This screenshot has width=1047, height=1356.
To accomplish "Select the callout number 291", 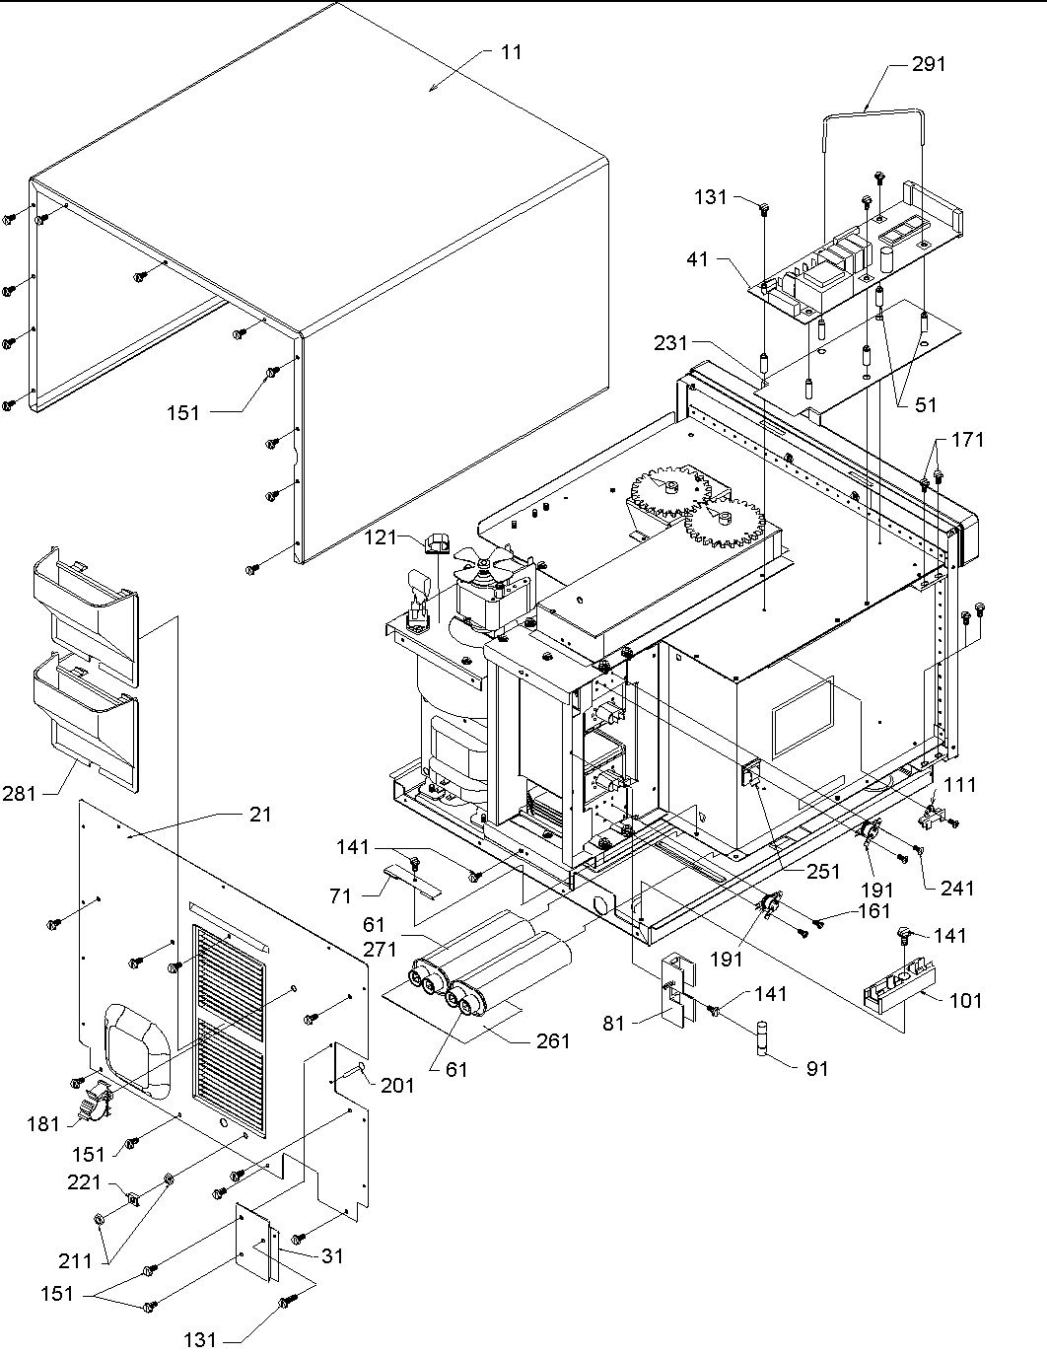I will pos(928,64).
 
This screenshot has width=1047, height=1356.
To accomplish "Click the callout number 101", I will pos(965,1000).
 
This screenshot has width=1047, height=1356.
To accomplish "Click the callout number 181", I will pos(43,1123).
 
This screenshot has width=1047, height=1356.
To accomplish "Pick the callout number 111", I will pos(960,785).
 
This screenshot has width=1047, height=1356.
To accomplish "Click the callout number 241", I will pos(956,888).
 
